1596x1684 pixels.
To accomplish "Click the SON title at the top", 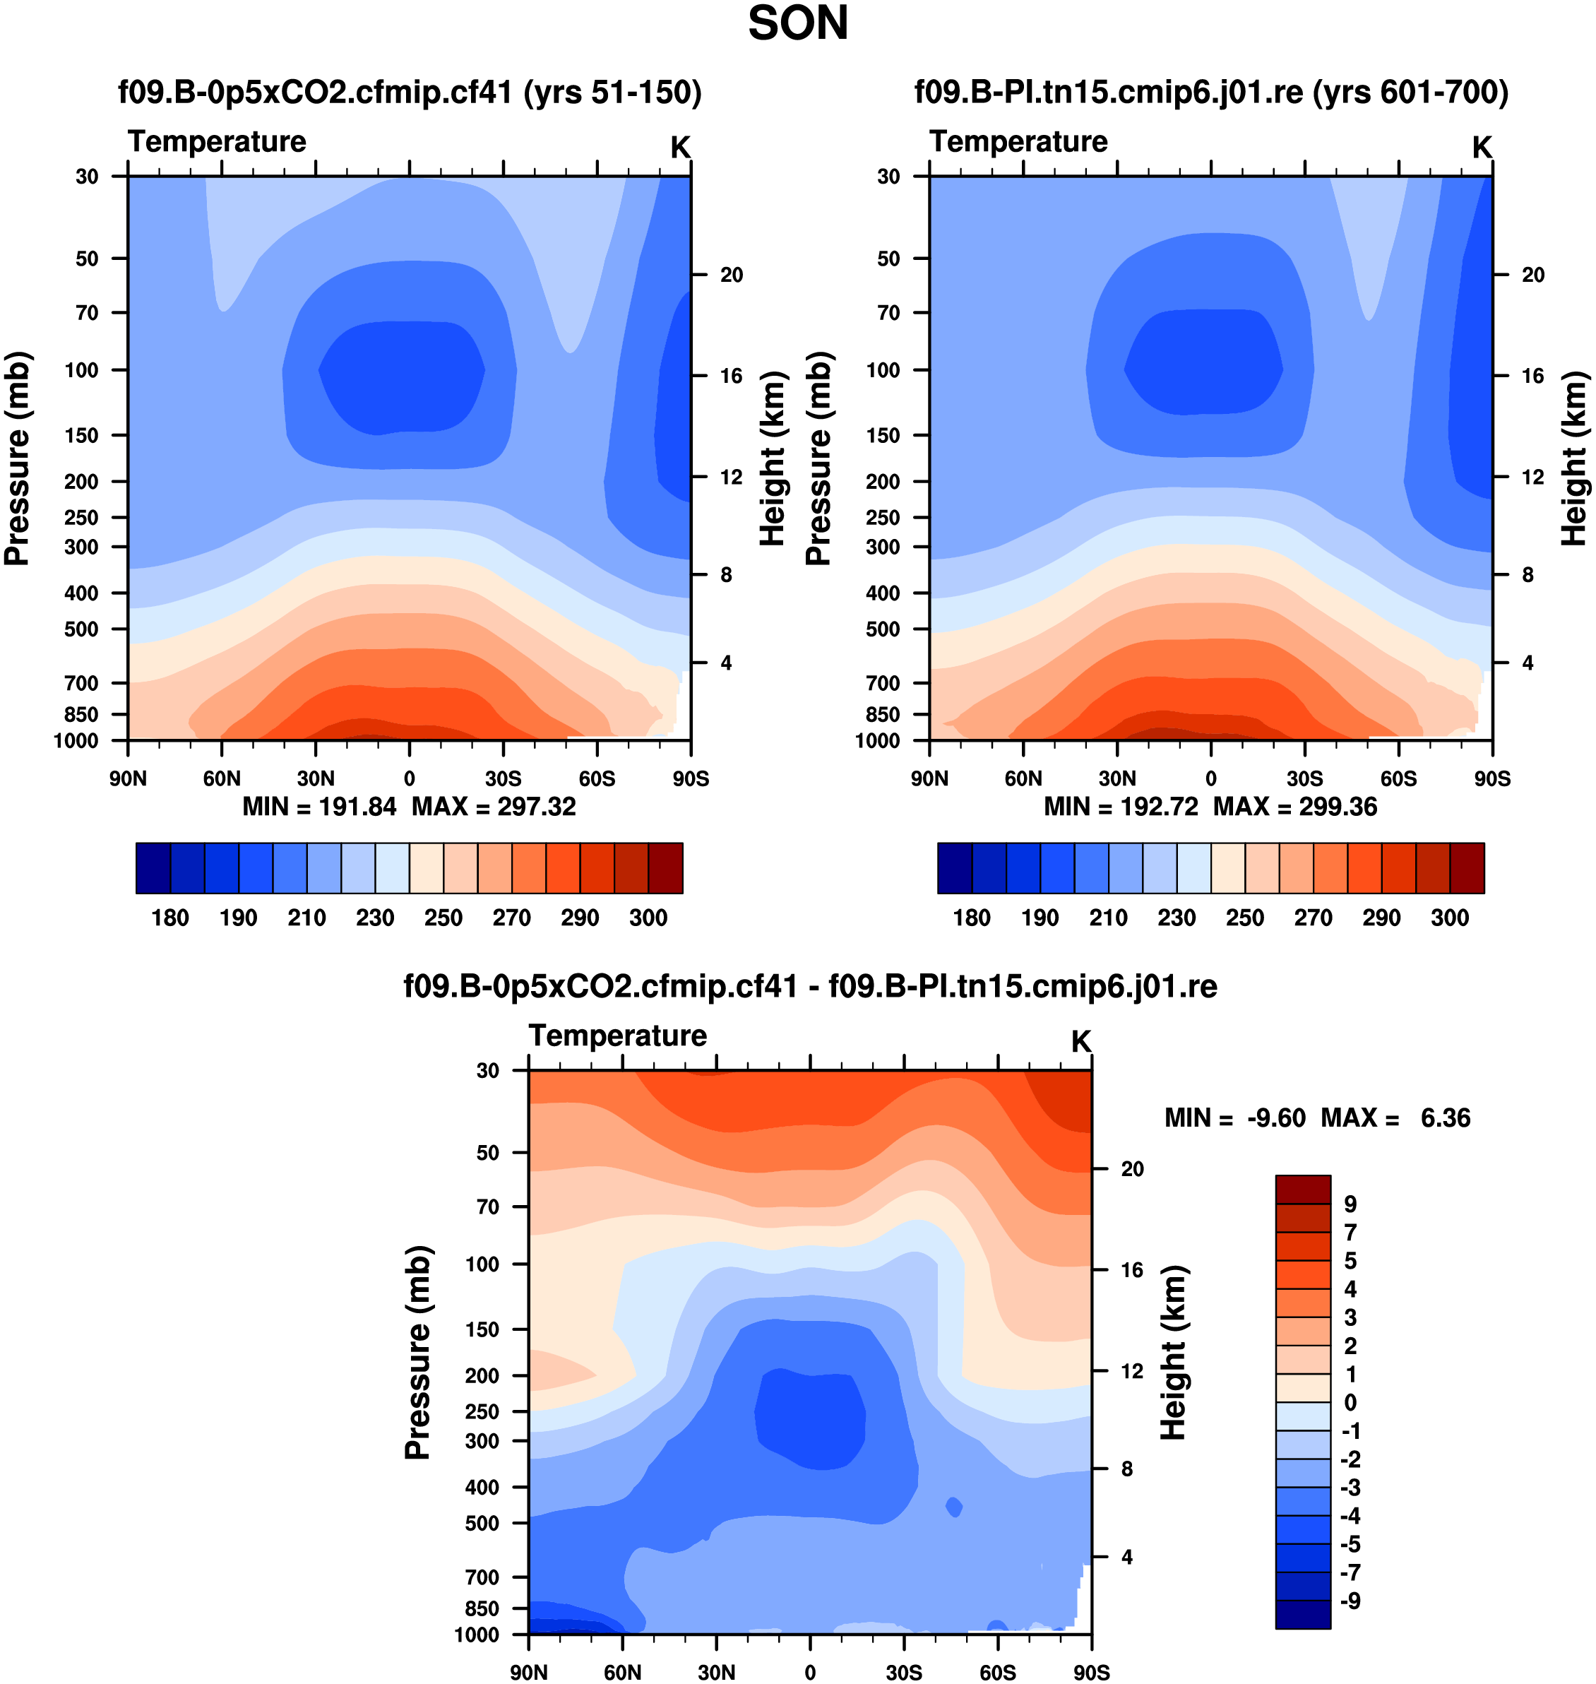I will [797, 24].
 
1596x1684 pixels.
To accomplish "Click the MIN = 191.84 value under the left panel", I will [319, 807].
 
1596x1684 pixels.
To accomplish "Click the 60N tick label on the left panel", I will [221, 778].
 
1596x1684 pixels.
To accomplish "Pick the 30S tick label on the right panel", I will [1304, 778].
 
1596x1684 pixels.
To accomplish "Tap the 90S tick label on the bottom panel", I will [1090, 1672].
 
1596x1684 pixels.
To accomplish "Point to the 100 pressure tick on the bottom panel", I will [482, 1264].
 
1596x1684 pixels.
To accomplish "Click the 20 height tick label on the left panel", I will [732, 275].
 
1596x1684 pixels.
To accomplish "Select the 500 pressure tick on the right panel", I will [883, 629].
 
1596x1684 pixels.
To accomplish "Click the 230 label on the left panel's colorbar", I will [375, 918].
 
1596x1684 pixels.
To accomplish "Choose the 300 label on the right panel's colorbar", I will [1450, 918].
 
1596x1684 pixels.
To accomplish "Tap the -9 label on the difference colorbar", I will [1350, 1601].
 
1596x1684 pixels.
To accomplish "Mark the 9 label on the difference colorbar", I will [1350, 1204].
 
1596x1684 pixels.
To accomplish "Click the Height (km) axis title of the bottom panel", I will [1174, 1353].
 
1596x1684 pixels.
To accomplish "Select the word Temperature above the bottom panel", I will [618, 1036].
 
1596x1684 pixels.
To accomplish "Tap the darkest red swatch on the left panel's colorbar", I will [665, 868].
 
